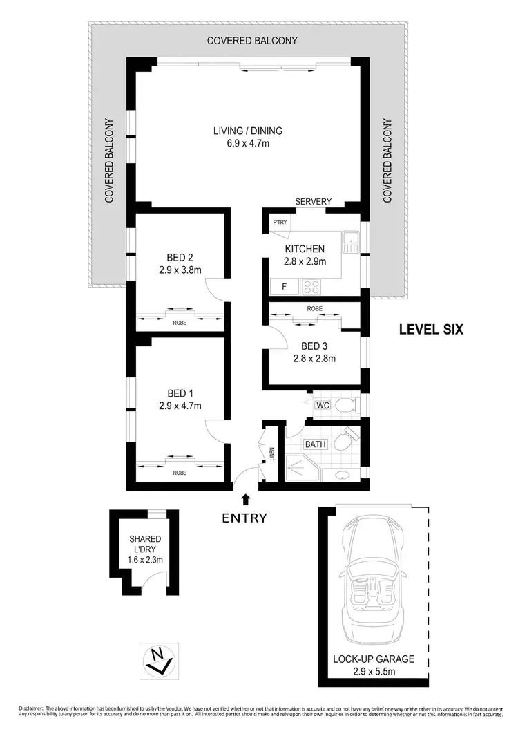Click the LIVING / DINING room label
point(247,131)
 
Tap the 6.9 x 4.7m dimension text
point(247,143)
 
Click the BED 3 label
point(314,346)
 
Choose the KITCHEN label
point(305,249)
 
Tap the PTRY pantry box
point(280,223)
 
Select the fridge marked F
point(282,285)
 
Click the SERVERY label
point(314,201)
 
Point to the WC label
point(322,406)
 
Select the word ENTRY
point(244,518)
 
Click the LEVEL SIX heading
point(431,330)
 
